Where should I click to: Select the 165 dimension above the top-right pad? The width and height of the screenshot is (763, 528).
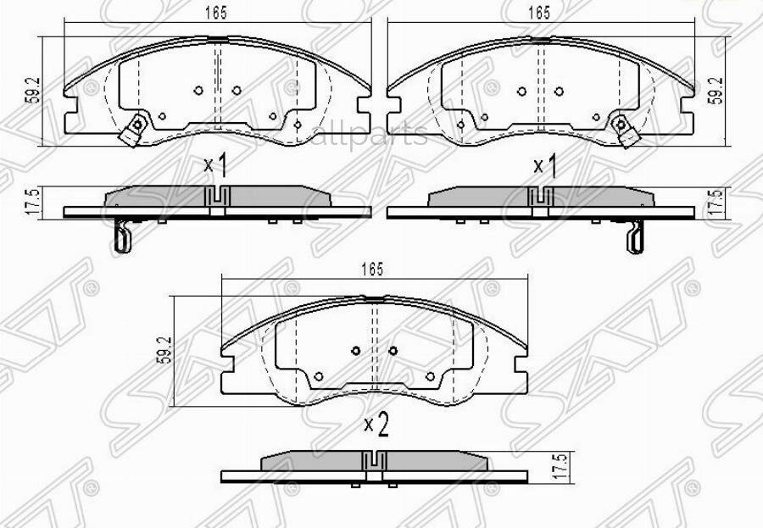pos(539,13)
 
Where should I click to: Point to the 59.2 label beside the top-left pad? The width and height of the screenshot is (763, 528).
pos(31,89)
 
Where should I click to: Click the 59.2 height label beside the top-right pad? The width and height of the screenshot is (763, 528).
pos(716,89)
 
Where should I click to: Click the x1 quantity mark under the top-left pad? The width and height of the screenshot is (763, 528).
pos(215,164)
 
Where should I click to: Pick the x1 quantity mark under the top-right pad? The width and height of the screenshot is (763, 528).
pos(543,166)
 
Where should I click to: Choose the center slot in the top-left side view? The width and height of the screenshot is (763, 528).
pos(218,197)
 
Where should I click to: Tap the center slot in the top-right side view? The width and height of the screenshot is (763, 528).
pos(540,197)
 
